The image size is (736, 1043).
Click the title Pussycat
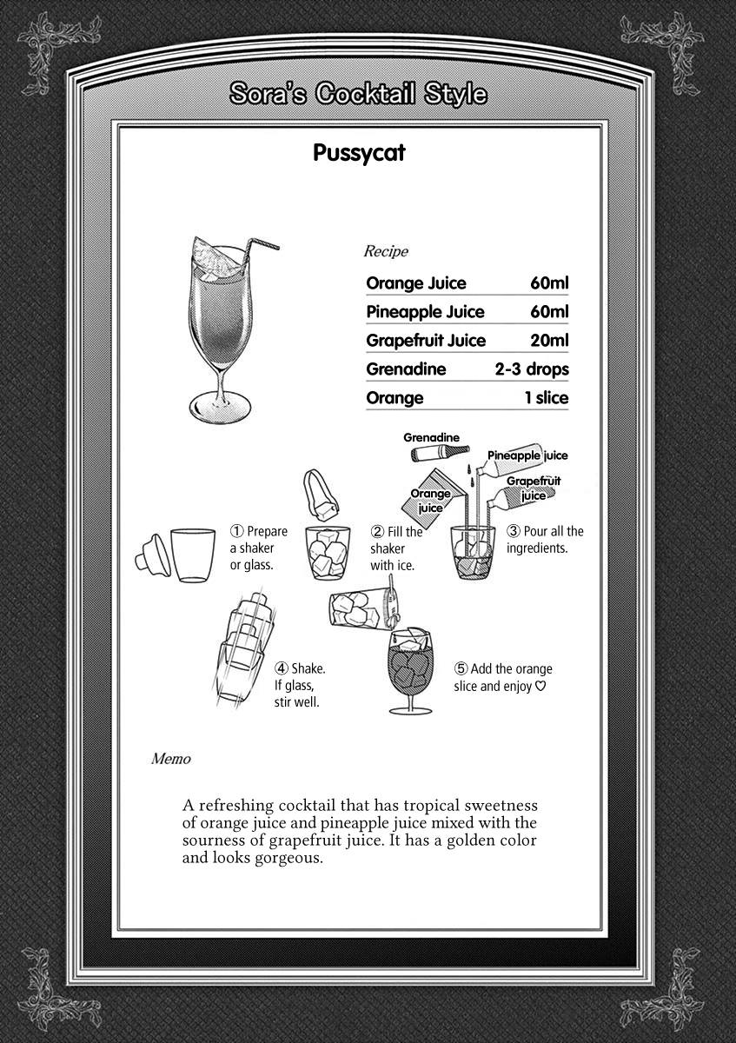[x=358, y=154]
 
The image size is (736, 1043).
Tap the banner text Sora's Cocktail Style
[x=358, y=94]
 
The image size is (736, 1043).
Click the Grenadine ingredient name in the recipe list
[x=406, y=369]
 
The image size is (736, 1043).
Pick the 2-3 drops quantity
[x=532, y=369]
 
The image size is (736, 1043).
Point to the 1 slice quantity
[x=546, y=398]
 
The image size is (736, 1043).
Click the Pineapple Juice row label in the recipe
[x=425, y=312]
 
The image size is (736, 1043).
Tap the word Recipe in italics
[x=385, y=252]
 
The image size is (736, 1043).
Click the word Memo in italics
[x=170, y=759]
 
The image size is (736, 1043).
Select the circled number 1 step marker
[x=236, y=531]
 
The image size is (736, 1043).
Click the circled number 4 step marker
[x=282, y=668]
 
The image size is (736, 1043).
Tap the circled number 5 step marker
[x=461, y=669]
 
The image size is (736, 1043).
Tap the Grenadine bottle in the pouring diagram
[x=439, y=453]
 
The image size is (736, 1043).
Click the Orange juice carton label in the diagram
[x=430, y=501]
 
